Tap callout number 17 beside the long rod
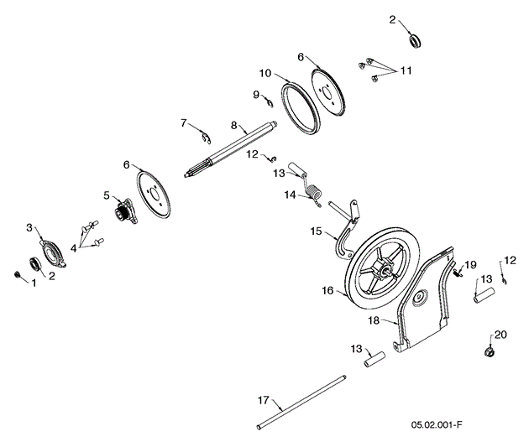pos(262,400)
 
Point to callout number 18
pos(374,320)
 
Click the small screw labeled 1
pos(17,274)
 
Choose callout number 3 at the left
pos(29,227)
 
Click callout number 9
pos(256,94)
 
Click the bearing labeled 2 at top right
pos(413,39)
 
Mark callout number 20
pos(501,334)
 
